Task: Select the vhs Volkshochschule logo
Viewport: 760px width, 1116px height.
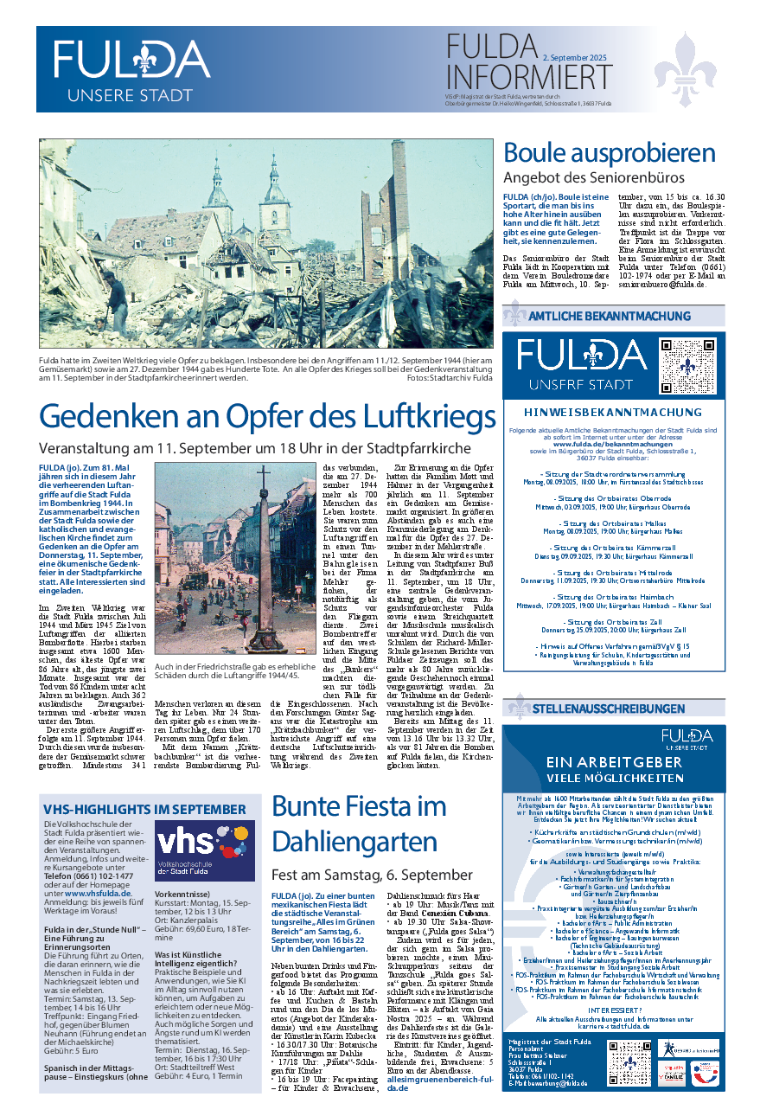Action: pos(205,851)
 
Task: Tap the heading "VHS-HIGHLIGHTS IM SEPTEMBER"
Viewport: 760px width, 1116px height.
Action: pos(144,809)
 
